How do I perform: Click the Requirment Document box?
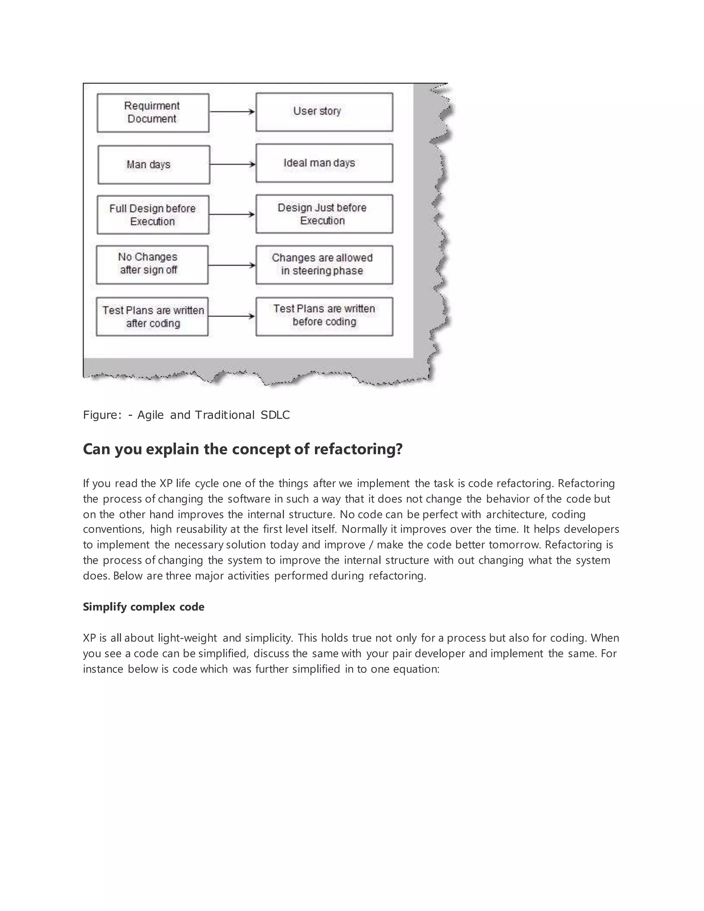coord(153,113)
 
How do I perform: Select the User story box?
coord(324,112)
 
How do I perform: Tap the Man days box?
coord(153,164)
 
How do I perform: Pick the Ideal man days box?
coord(324,163)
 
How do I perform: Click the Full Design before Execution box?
coord(153,215)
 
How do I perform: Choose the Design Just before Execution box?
coord(324,213)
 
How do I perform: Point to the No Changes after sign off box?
coord(152,264)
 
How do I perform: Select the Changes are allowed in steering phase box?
coord(324,264)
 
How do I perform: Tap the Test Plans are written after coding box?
coord(152,316)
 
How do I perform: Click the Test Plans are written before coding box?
coord(324,316)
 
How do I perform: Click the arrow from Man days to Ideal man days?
coord(232,164)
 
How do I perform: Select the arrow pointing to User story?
coord(232,112)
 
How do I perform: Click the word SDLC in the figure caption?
coord(275,415)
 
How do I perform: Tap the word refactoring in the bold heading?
coord(358,449)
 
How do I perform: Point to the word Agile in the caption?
coord(150,415)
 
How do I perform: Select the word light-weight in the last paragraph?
coord(187,638)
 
